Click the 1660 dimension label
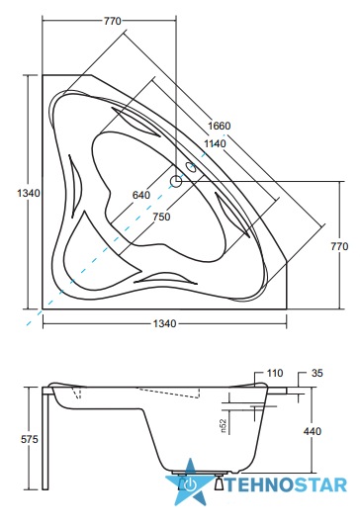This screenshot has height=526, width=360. click(x=220, y=126)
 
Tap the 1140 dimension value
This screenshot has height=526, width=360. click(x=215, y=143)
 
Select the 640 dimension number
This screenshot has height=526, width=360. click(x=141, y=195)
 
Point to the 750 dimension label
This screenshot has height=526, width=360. click(x=161, y=217)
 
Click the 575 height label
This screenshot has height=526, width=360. click(x=30, y=439)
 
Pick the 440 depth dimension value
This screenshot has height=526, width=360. click(x=313, y=431)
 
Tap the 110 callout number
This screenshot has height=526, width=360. click(x=275, y=373)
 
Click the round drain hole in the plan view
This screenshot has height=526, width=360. click(x=176, y=181)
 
